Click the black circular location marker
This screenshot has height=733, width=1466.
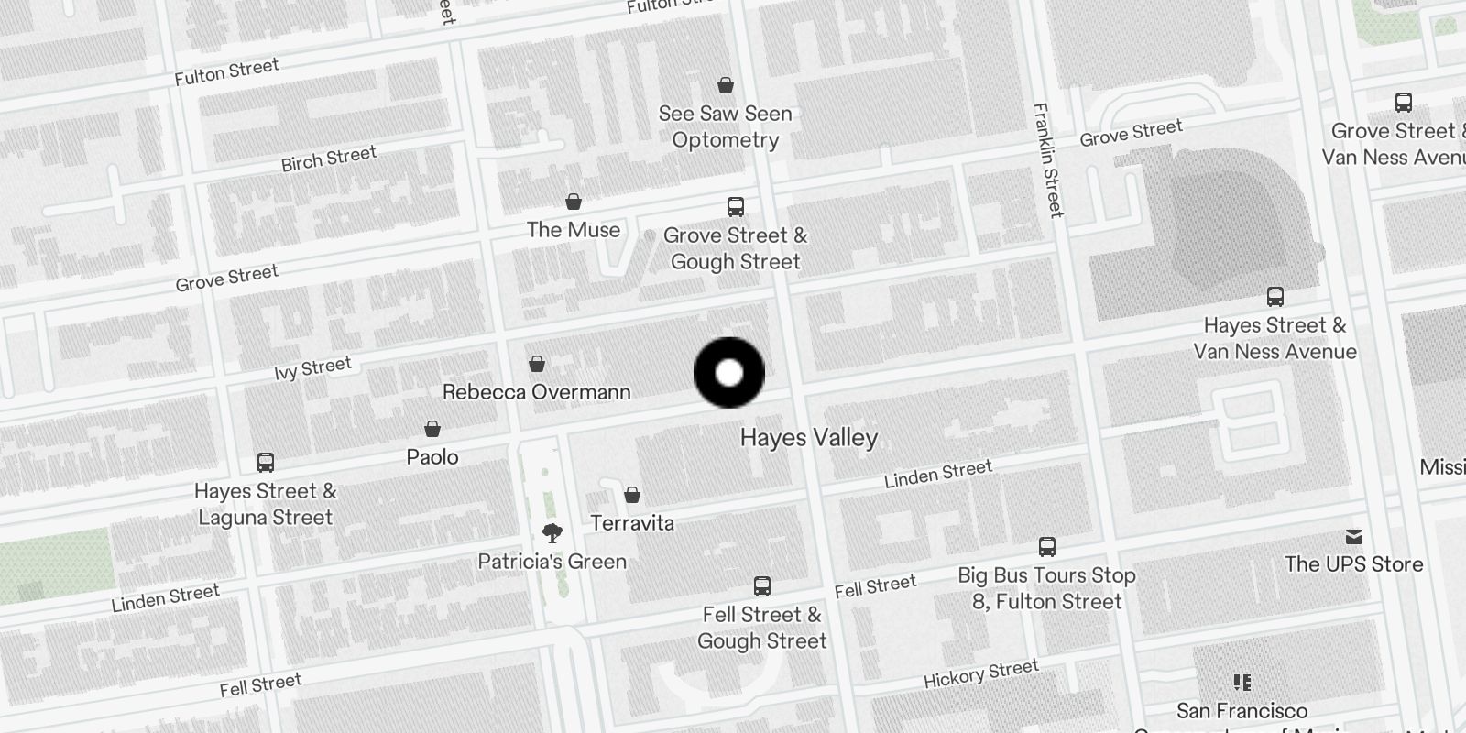[729, 373]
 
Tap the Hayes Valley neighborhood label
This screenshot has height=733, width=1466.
[808, 438]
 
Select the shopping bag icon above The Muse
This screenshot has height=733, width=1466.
[574, 202]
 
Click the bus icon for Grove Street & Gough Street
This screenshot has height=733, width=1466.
[736, 207]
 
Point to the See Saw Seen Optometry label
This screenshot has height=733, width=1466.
[725, 126]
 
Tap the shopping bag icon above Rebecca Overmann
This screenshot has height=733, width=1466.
[537, 365]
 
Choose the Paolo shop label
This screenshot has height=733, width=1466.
[432, 456]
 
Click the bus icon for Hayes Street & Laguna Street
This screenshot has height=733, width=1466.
[266, 463]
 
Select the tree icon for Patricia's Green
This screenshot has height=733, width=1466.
[552, 533]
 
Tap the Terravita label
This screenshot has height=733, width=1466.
[632, 523]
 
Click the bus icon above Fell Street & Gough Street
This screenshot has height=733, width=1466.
[761, 586]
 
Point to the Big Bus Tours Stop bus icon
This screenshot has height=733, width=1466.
[1047, 548]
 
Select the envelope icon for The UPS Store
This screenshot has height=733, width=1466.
[1354, 537]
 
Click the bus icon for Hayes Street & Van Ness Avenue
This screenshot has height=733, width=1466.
[1275, 297]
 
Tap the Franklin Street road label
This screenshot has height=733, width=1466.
[1048, 160]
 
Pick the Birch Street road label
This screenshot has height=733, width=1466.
[328, 159]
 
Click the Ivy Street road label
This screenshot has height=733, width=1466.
[312, 368]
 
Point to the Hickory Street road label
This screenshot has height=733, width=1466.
[980, 674]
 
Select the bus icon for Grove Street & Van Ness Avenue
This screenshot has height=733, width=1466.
[1403, 103]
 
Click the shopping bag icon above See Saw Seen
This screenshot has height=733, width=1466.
[726, 86]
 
